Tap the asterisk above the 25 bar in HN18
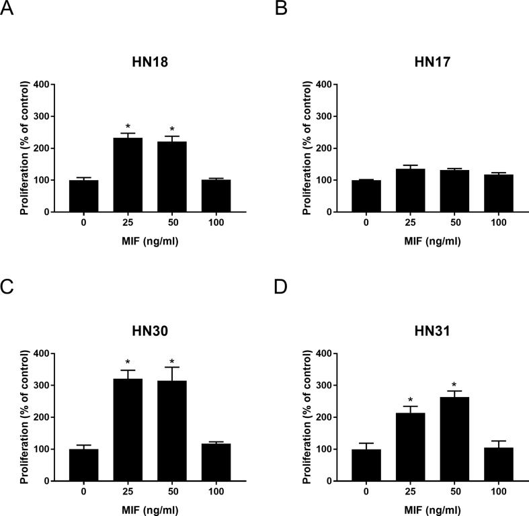128,126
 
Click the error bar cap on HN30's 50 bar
172,368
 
